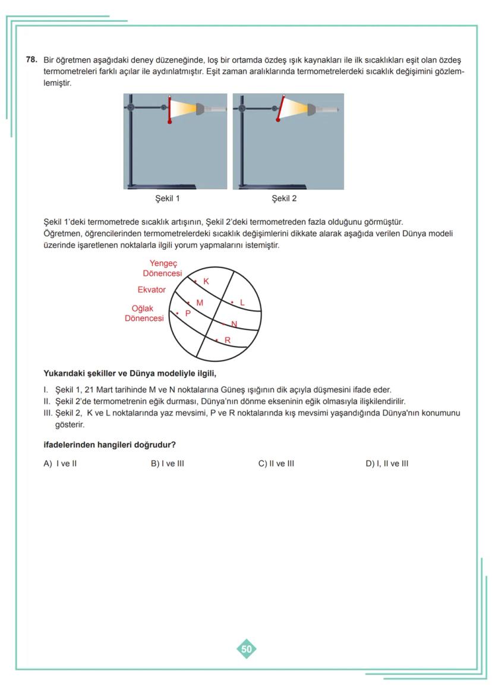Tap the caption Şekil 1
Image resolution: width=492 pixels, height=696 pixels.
[167, 199]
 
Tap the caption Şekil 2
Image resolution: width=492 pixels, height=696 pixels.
[284, 199]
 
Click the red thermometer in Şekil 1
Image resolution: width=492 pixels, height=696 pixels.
[171, 109]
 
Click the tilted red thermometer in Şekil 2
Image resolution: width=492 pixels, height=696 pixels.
[280, 109]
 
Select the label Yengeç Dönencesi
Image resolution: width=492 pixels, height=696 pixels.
[163, 268]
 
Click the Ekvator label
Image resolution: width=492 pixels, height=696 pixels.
[152, 290]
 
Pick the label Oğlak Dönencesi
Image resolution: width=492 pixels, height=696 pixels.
[144, 313]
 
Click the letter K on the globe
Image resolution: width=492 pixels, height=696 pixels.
[206, 281]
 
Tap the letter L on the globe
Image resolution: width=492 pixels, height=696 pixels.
[242, 303]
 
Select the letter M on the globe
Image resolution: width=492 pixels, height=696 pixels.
[200, 303]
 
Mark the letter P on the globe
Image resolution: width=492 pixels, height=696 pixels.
[188, 313]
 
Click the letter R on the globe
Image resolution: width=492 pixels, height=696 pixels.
[227, 340]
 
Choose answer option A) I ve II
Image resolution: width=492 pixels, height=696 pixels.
[60, 464]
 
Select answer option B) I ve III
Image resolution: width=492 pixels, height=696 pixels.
[168, 464]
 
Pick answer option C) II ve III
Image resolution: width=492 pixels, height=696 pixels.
[276, 464]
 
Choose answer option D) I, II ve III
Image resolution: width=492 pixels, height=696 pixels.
[387, 464]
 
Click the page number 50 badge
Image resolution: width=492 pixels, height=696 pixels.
[247, 649]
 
